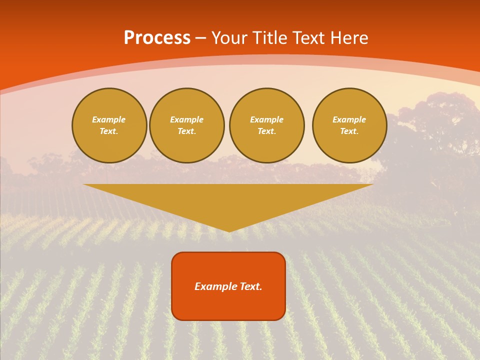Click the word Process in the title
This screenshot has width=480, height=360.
(x=157, y=38)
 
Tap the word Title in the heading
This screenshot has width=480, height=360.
(x=269, y=38)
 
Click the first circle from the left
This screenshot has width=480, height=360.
(x=109, y=125)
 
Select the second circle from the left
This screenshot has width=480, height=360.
(x=187, y=125)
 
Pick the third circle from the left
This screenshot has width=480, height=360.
(x=267, y=125)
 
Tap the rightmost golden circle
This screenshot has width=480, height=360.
(x=349, y=125)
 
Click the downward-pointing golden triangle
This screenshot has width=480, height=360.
(x=228, y=200)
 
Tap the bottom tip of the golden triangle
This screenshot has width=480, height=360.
(x=229, y=230)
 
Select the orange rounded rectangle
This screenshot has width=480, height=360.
(x=228, y=286)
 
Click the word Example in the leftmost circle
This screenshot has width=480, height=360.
(x=109, y=119)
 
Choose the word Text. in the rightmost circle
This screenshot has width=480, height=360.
(x=349, y=131)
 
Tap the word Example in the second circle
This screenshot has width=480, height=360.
(x=187, y=119)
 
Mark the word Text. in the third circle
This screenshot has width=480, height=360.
(x=267, y=131)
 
